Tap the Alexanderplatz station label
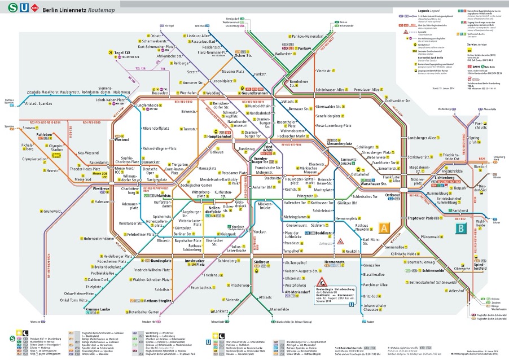tap(339, 144)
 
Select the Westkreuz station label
tap(101, 188)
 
